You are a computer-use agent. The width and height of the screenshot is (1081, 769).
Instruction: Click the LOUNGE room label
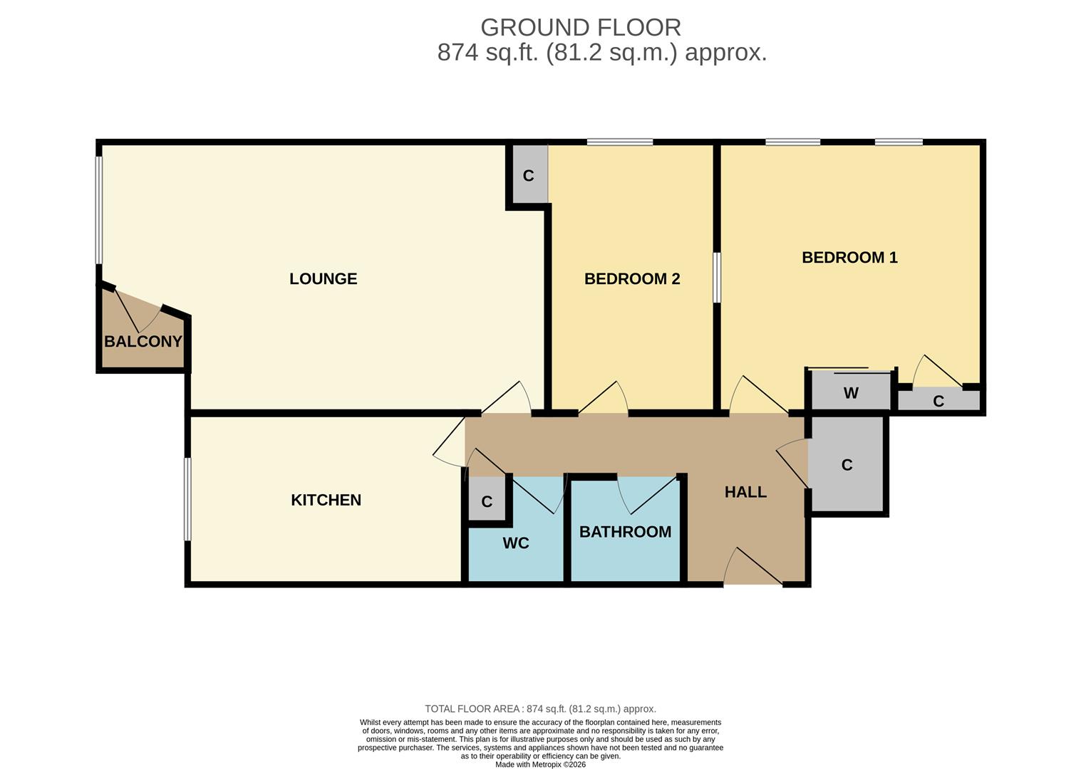coord(323,279)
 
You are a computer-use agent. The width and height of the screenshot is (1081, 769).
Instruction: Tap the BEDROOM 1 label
coord(849,258)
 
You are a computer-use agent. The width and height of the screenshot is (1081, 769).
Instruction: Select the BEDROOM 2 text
coord(632,279)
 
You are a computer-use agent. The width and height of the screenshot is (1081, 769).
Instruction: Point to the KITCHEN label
coord(326,501)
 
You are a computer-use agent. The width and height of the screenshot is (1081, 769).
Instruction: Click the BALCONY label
coord(143,342)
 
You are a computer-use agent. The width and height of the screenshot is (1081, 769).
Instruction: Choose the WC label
coord(515,543)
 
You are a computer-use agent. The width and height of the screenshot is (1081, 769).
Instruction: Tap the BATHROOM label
coord(625,532)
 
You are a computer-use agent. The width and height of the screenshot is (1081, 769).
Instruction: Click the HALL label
coord(745,492)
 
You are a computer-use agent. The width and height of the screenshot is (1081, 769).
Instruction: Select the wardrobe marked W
coord(851,393)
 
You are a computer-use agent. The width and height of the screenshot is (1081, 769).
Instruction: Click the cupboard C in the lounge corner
coord(528,176)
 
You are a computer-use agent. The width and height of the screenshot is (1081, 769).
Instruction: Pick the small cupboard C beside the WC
coord(487,502)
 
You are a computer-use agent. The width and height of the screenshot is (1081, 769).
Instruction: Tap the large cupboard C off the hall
coord(847,465)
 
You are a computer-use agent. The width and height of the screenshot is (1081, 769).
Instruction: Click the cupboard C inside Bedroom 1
coord(938,401)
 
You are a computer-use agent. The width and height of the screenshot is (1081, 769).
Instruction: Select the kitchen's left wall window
coord(187,498)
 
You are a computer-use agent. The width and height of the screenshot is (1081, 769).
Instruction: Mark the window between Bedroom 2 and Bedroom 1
coord(717,278)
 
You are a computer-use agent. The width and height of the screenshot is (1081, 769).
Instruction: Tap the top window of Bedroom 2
coord(619,142)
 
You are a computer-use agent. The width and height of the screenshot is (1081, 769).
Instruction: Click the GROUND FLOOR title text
coord(580,28)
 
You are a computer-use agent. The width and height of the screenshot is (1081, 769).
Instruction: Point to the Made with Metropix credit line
coord(540,765)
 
